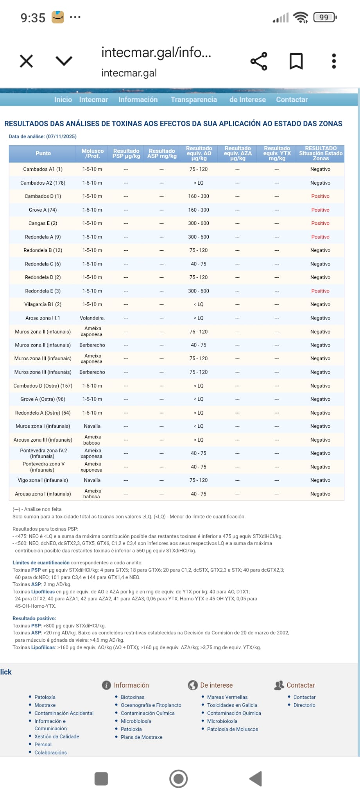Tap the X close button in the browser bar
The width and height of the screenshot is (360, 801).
tap(26, 61)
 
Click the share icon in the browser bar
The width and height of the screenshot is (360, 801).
tap(258, 61)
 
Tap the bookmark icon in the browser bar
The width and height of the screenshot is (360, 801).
tap(296, 61)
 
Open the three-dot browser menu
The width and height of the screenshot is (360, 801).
tap(333, 61)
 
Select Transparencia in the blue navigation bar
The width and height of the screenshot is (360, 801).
tap(193, 100)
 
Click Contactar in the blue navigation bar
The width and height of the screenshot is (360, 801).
tap(292, 100)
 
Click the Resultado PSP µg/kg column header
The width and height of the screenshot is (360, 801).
tap(126, 153)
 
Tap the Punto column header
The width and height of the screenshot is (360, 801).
tap(43, 153)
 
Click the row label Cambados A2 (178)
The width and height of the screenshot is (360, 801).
tap(43, 183)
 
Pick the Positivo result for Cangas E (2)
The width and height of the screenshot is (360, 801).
tap(320, 223)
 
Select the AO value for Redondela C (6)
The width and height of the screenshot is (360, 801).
tap(199, 264)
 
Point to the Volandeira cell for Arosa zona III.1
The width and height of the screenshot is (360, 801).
tap(92, 318)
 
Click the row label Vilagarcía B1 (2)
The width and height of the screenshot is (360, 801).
tap(43, 304)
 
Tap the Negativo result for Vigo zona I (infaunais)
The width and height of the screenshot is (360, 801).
tap(320, 480)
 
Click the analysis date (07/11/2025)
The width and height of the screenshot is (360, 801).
tap(61, 136)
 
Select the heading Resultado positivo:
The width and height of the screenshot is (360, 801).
tap(34, 618)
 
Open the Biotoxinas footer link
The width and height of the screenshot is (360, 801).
tap(133, 697)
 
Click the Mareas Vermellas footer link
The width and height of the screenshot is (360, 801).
tap(227, 697)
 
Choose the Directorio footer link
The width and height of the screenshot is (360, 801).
tap(304, 705)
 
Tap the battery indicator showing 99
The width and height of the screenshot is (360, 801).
tap(324, 17)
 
